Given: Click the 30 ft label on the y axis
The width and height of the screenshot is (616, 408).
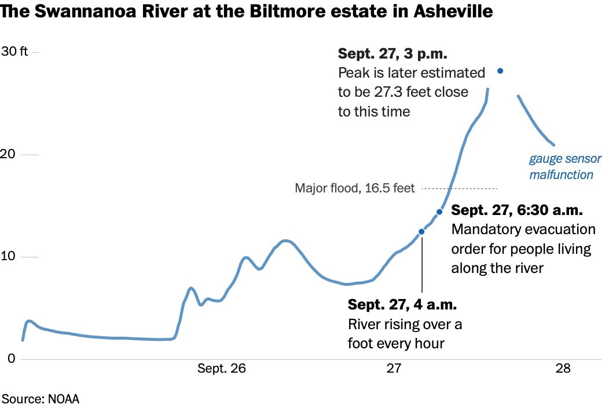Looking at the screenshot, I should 14,52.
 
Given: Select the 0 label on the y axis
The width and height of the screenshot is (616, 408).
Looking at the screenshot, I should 10,359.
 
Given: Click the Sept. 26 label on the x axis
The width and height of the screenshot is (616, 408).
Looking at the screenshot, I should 222,369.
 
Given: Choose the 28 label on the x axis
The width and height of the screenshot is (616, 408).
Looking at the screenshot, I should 563,369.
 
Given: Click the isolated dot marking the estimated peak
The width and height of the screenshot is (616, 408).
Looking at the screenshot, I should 500,71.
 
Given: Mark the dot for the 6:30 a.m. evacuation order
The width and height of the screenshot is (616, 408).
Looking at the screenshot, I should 439,212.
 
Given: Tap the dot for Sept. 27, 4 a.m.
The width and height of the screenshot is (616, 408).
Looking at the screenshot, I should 421,232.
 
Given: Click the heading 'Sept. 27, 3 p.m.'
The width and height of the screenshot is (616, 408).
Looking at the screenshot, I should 393,54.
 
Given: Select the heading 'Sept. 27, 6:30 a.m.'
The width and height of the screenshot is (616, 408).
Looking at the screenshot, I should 517,210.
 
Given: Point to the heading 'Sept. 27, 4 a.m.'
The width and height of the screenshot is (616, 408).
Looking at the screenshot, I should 402,305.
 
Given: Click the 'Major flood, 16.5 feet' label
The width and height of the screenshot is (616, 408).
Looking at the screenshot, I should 355,188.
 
